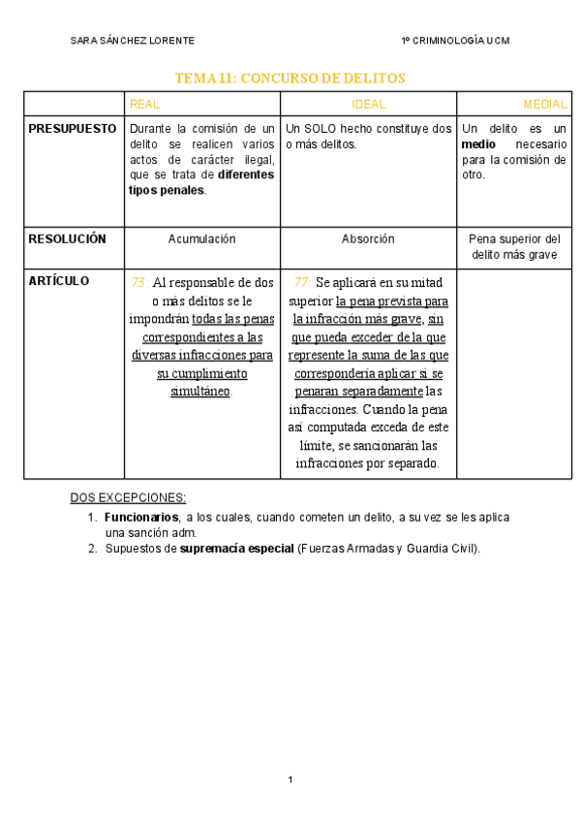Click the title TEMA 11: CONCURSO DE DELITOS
click(290, 78)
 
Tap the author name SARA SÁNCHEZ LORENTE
click(133, 41)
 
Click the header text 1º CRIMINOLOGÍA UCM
click(455, 41)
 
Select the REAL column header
click(144, 104)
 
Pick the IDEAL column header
click(368, 104)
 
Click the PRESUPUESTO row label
click(73, 129)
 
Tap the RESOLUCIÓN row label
click(67, 238)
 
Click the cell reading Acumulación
click(201, 238)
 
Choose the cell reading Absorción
click(368, 238)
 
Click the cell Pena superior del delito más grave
click(514, 246)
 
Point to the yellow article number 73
click(139, 283)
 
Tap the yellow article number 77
click(302, 283)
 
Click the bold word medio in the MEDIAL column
click(479, 144)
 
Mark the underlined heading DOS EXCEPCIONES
click(128, 498)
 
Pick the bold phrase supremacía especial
click(236, 549)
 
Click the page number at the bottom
click(290, 780)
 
